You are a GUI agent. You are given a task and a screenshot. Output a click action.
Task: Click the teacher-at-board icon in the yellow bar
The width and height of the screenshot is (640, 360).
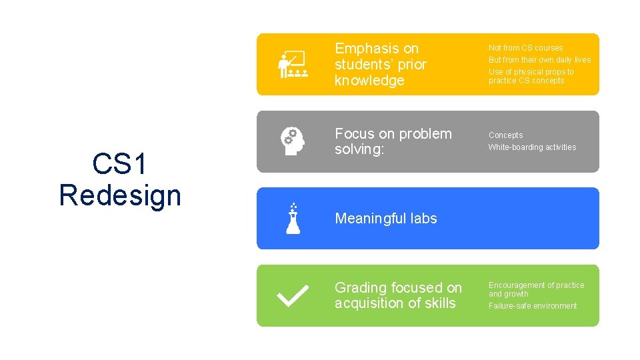pos(292,65)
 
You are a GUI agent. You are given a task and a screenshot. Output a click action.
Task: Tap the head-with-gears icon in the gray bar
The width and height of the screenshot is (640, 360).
pos(292,141)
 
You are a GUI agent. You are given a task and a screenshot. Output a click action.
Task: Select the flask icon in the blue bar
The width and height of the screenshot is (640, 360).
pos(293,218)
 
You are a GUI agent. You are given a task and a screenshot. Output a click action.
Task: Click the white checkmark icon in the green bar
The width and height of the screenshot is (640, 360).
pos(292,295)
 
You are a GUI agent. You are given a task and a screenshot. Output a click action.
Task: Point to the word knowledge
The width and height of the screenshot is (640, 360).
pos(369,81)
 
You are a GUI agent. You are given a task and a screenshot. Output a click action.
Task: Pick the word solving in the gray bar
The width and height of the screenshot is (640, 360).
pos(358,149)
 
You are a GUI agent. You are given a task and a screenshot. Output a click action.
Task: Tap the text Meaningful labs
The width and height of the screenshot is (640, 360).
pos(386,219)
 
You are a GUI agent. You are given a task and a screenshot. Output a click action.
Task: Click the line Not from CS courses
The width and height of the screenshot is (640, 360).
pos(525,48)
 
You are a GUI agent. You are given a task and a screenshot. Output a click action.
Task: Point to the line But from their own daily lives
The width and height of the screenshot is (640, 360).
pos(539,60)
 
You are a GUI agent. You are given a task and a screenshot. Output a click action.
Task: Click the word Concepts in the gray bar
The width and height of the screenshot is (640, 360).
pos(505,135)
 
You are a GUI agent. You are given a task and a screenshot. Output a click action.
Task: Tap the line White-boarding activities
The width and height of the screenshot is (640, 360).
pos(532,147)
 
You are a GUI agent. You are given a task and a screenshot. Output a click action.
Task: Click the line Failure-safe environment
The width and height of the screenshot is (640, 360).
pos(533,306)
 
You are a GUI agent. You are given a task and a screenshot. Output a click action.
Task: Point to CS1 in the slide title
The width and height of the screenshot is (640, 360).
pos(120,164)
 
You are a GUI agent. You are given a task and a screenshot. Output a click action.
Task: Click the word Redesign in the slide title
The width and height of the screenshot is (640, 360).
pos(120,195)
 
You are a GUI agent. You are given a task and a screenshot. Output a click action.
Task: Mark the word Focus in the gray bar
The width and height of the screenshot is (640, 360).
pos(353,134)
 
